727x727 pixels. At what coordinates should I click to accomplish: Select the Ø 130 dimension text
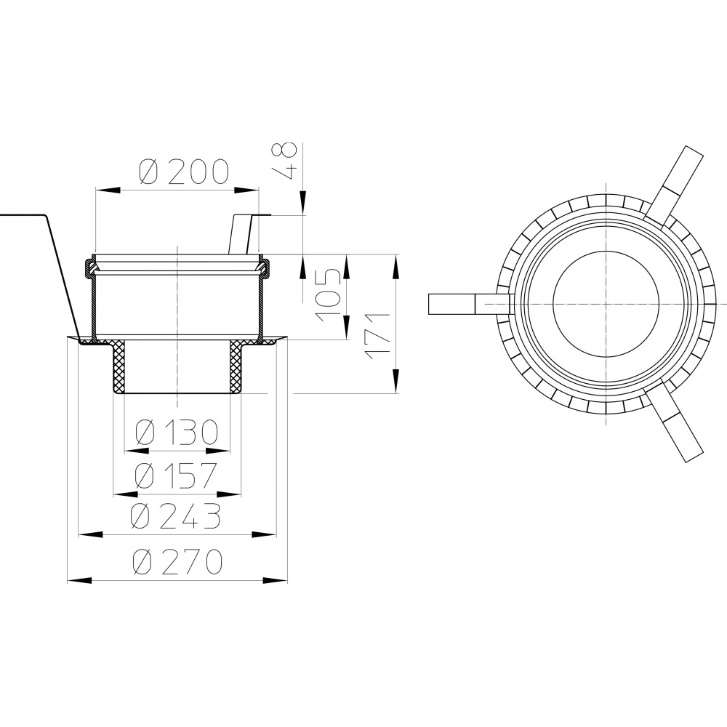click(177, 432)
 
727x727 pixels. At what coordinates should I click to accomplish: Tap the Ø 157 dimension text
click(176, 475)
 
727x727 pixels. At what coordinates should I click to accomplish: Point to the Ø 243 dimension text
click(175, 516)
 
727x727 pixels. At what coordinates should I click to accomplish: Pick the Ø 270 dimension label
click(177, 561)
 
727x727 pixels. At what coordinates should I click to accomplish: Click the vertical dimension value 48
click(284, 161)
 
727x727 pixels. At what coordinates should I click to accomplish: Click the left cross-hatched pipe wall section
click(119, 366)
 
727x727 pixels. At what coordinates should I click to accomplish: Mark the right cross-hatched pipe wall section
click(237, 366)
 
